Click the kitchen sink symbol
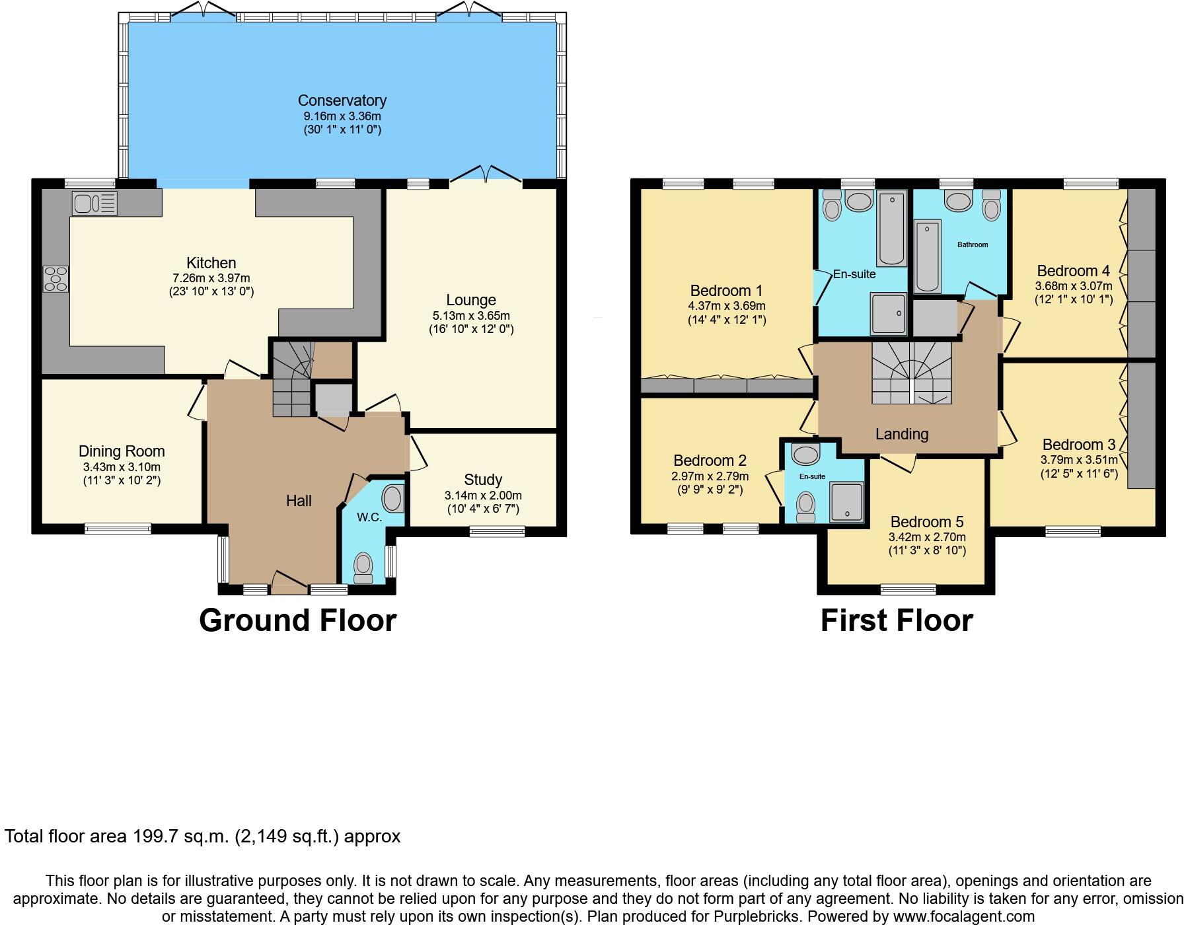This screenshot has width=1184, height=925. coord(94,203)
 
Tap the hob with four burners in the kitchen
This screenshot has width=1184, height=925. coord(55,278)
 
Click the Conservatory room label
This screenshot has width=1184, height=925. coord(342,100)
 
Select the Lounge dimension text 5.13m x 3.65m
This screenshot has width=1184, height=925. coord(470,316)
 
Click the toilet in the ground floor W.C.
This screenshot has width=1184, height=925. coord(363,566)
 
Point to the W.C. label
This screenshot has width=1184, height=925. coord(369,517)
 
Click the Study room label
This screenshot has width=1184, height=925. coord(483,480)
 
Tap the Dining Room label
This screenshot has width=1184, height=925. coord(122,451)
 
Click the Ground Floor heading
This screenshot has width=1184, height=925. coord(297,620)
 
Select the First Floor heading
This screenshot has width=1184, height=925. coord(897,620)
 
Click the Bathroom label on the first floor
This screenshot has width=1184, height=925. coord(973,244)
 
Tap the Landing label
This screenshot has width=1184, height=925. coord(902,434)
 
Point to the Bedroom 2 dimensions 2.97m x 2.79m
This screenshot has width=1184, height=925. coord(710,476)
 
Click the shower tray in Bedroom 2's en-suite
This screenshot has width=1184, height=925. coord(846,501)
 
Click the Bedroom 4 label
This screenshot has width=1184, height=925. coord(1073,271)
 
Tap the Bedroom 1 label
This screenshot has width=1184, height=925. coord(726,291)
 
